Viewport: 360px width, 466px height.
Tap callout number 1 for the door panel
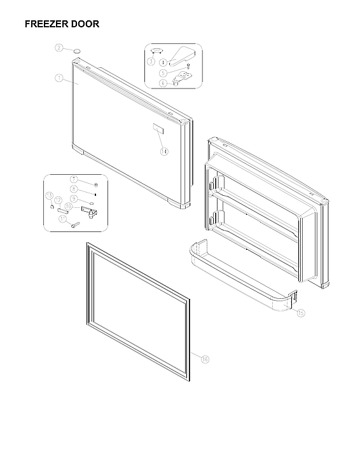click(x=58, y=78)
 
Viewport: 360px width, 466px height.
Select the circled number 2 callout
click(x=59, y=48)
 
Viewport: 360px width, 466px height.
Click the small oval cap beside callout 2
click(x=76, y=48)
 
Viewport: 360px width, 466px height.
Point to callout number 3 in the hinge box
click(x=151, y=60)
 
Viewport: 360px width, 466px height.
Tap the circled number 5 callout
click(x=163, y=72)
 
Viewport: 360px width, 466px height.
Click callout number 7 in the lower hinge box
click(x=74, y=179)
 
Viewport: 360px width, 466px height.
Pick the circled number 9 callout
click(x=74, y=198)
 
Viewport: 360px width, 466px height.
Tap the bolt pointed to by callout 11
click(x=76, y=223)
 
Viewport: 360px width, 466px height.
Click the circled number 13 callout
click(x=48, y=195)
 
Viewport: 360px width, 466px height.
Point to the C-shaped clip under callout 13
click(x=51, y=206)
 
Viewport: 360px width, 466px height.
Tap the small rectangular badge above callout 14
click(x=156, y=129)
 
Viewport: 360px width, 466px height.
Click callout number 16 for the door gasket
click(x=205, y=359)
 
